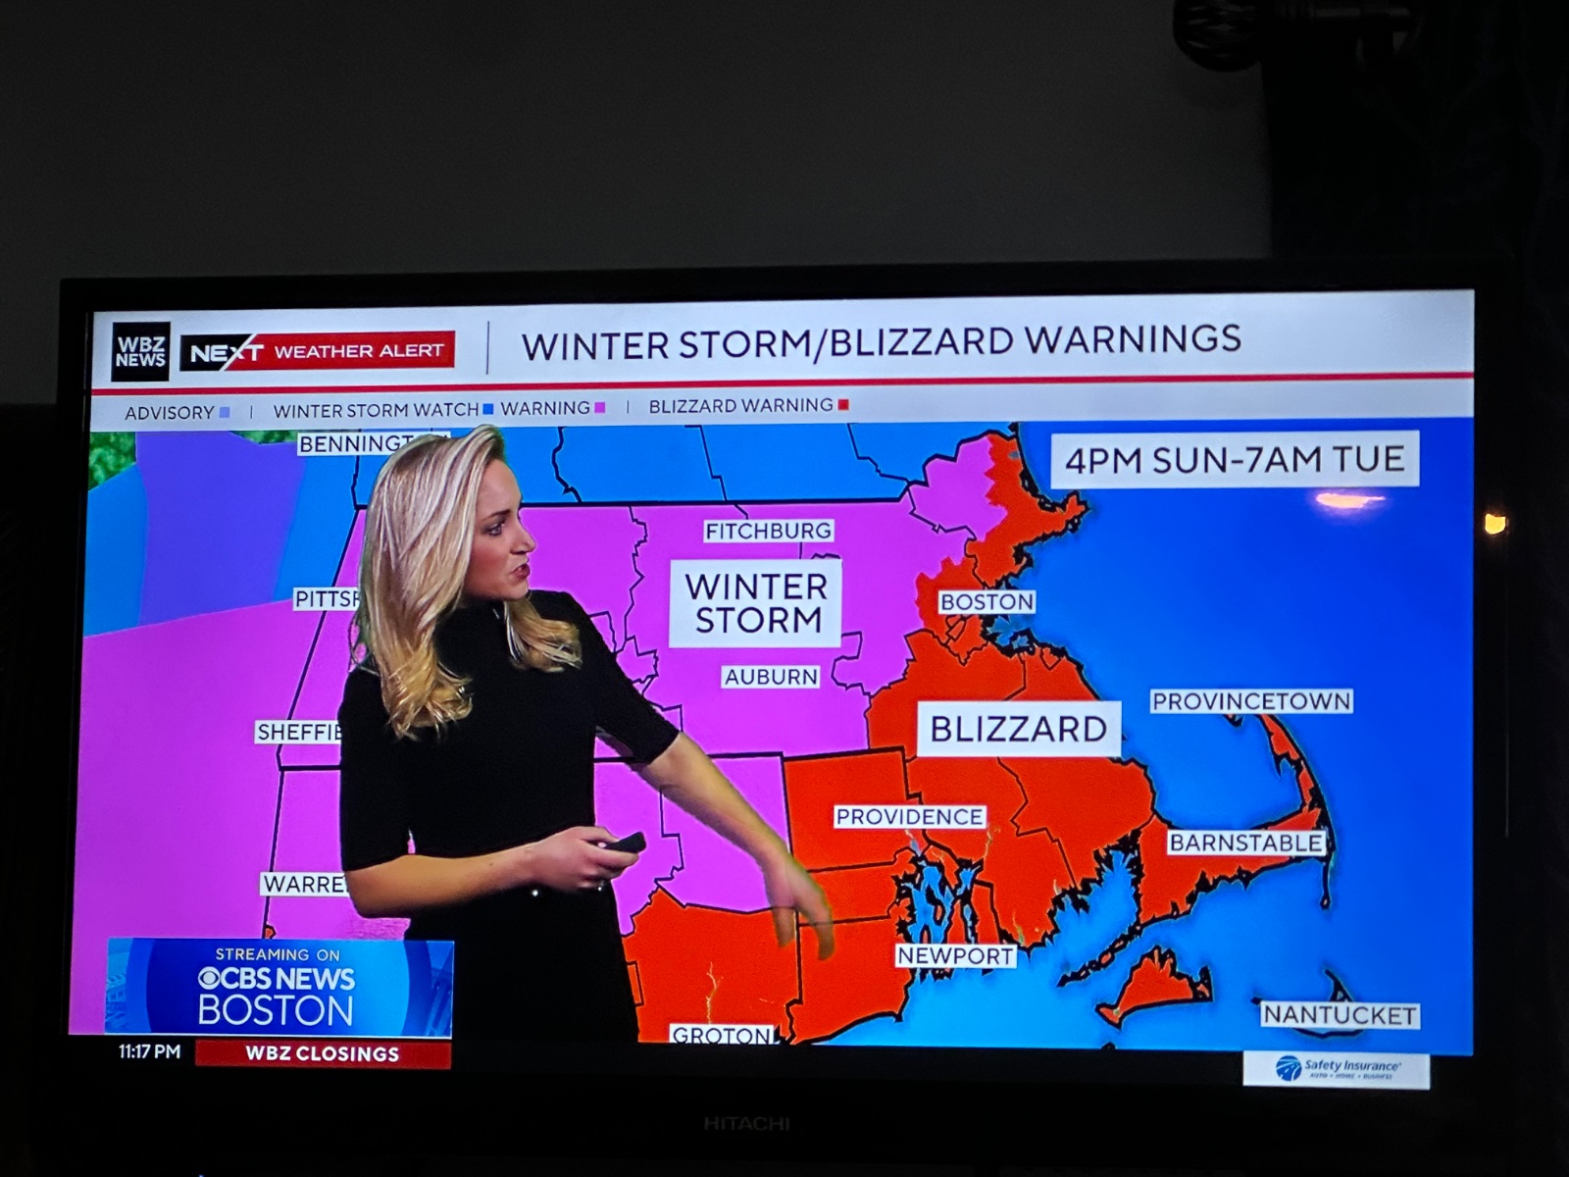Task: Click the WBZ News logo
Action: (x=140, y=351)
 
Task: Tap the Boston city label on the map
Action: (x=987, y=601)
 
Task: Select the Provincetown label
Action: (x=1250, y=701)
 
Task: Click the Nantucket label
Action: (x=1339, y=1015)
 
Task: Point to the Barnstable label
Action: (x=1245, y=843)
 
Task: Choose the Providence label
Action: (x=909, y=816)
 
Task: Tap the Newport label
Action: (x=955, y=955)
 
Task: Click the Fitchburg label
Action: (x=768, y=531)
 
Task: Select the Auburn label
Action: (x=771, y=677)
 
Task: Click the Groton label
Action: (x=722, y=1035)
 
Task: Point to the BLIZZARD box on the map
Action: (x=1018, y=729)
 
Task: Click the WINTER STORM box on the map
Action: (x=755, y=603)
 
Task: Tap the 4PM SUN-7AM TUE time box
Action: (x=1235, y=459)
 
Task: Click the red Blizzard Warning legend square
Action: (x=843, y=405)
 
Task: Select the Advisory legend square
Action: (x=225, y=413)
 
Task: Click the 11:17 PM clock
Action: (x=149, y=1051)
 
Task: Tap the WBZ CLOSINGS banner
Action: (x=323, y=1053)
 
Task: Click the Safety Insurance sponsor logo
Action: (x=1336, y=1068)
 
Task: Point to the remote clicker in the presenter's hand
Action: (x=624, y=843)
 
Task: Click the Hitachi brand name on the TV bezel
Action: (x=746, y=1123)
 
